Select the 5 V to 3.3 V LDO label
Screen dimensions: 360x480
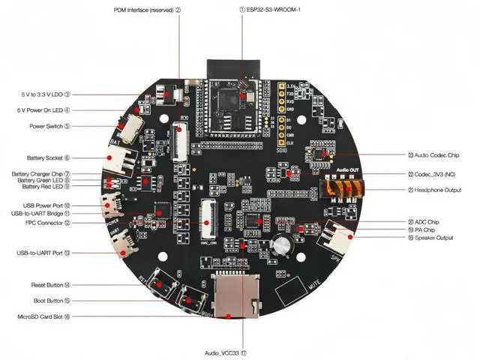tap(44, 94)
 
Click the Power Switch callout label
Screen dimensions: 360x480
tap(49, 126)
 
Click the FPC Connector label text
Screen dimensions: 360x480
tap(46, 223)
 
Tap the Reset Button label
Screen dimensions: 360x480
tap(46, 285)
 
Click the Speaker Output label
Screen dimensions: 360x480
tap(435, 238)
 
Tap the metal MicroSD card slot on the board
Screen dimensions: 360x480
tap(232, 296)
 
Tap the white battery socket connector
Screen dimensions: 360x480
tap(120, 160)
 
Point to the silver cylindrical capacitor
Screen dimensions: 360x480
tap(283, 247)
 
